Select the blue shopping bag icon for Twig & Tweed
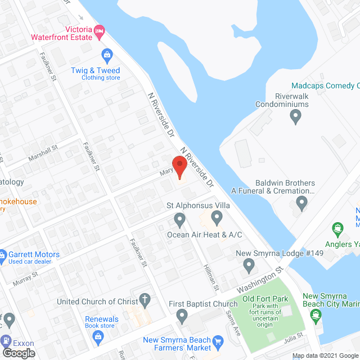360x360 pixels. pyautogui.click(x=106, y=55)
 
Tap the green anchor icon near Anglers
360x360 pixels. pyautogui.click(x=337, y=228)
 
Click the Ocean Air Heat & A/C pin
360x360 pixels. pyautogui.click(x=180, y=218)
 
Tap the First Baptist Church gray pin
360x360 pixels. pyautogui.click(x=182, y=317)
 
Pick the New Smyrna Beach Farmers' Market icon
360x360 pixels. pyautogui.click(x=219, y=340)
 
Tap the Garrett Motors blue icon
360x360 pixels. pyautogui.click(x=3, y=255)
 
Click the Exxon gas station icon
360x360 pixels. pyautogui.click(x=6, y=340)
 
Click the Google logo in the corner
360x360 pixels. pyautogui.click(x=19, y=353)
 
